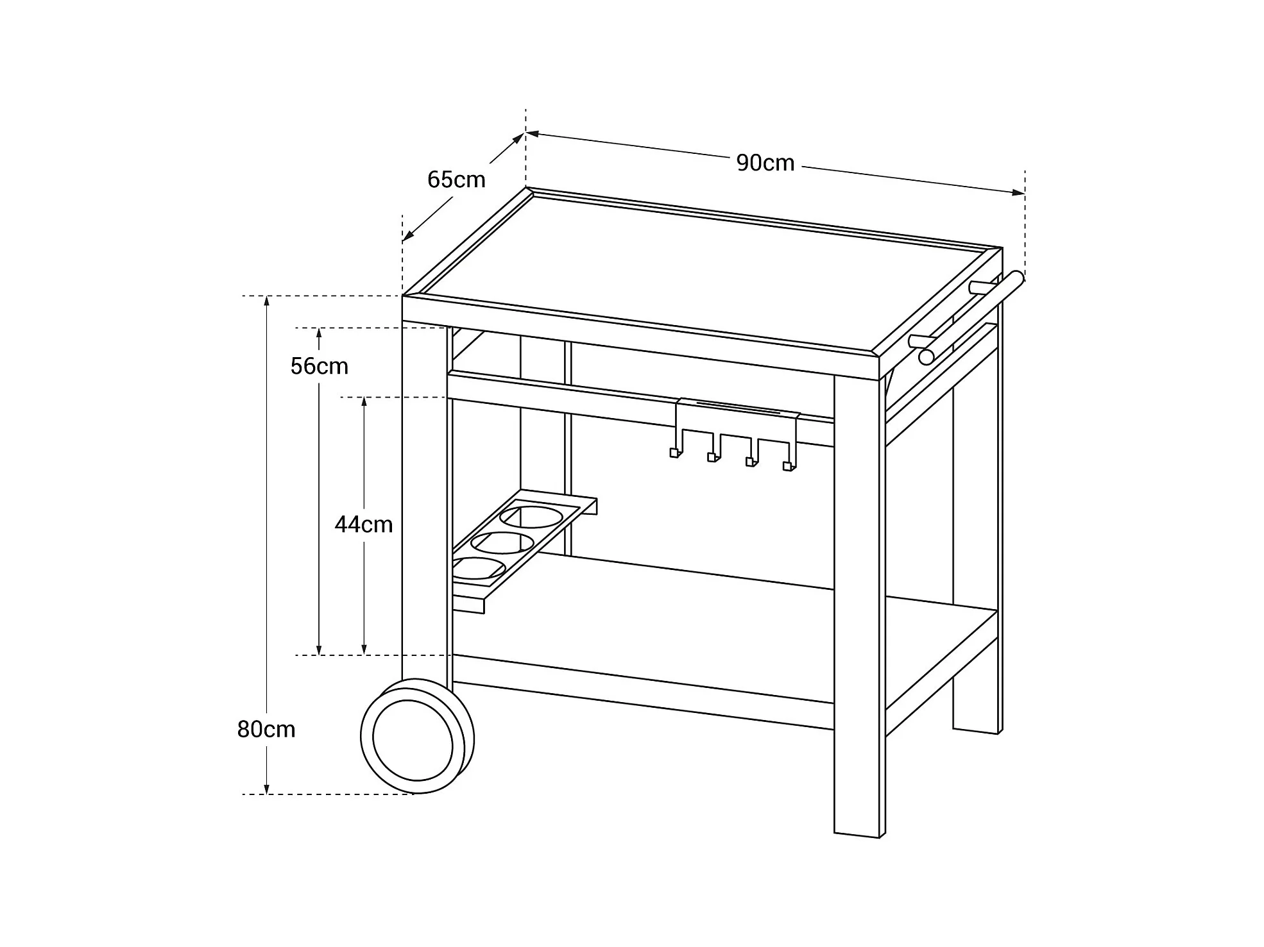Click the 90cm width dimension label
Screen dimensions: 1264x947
(x=765, y=163)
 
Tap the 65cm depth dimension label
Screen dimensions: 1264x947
(x=456, y=180)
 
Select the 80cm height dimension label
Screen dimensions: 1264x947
(x=266, y=730)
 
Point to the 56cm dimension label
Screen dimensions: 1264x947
(x=319, y=366)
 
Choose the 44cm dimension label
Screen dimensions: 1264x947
(x=363, y=524)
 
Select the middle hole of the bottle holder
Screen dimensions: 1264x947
(x=502, y=543)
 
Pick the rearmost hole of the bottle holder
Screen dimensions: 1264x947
(x=531, y=517)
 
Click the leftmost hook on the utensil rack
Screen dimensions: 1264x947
(x=674, y=452)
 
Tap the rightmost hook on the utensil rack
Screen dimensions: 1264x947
(x=789, y=466)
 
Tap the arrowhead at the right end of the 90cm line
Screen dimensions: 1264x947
(x=1018, y=192)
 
